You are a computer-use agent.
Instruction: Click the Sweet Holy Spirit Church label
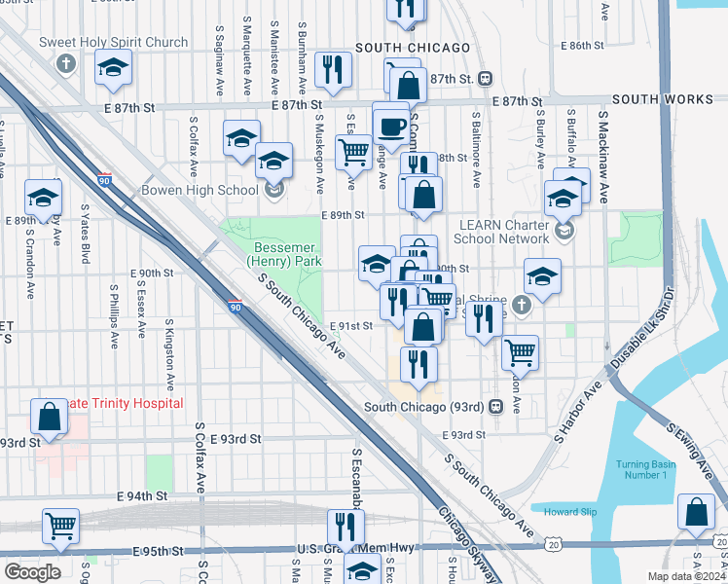[x=114, y=43]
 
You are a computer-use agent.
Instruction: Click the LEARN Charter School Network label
[x=505, y=232]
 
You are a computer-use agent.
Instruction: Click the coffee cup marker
[x=391, y=126]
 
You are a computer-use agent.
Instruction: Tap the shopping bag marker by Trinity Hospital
[x=50, y=418]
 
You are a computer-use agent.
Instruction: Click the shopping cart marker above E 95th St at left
[x=60, y=527]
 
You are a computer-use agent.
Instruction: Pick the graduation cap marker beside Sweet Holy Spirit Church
[x=113, y=68]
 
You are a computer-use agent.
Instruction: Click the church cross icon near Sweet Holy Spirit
[x=66, y=65]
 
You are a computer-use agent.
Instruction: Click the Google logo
[x=32, y=571]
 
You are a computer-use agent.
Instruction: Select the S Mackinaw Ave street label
[x=603, y=156]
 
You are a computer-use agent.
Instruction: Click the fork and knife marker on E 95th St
[x=345, y=529]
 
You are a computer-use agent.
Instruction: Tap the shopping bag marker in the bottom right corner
[x=697, y=511]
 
